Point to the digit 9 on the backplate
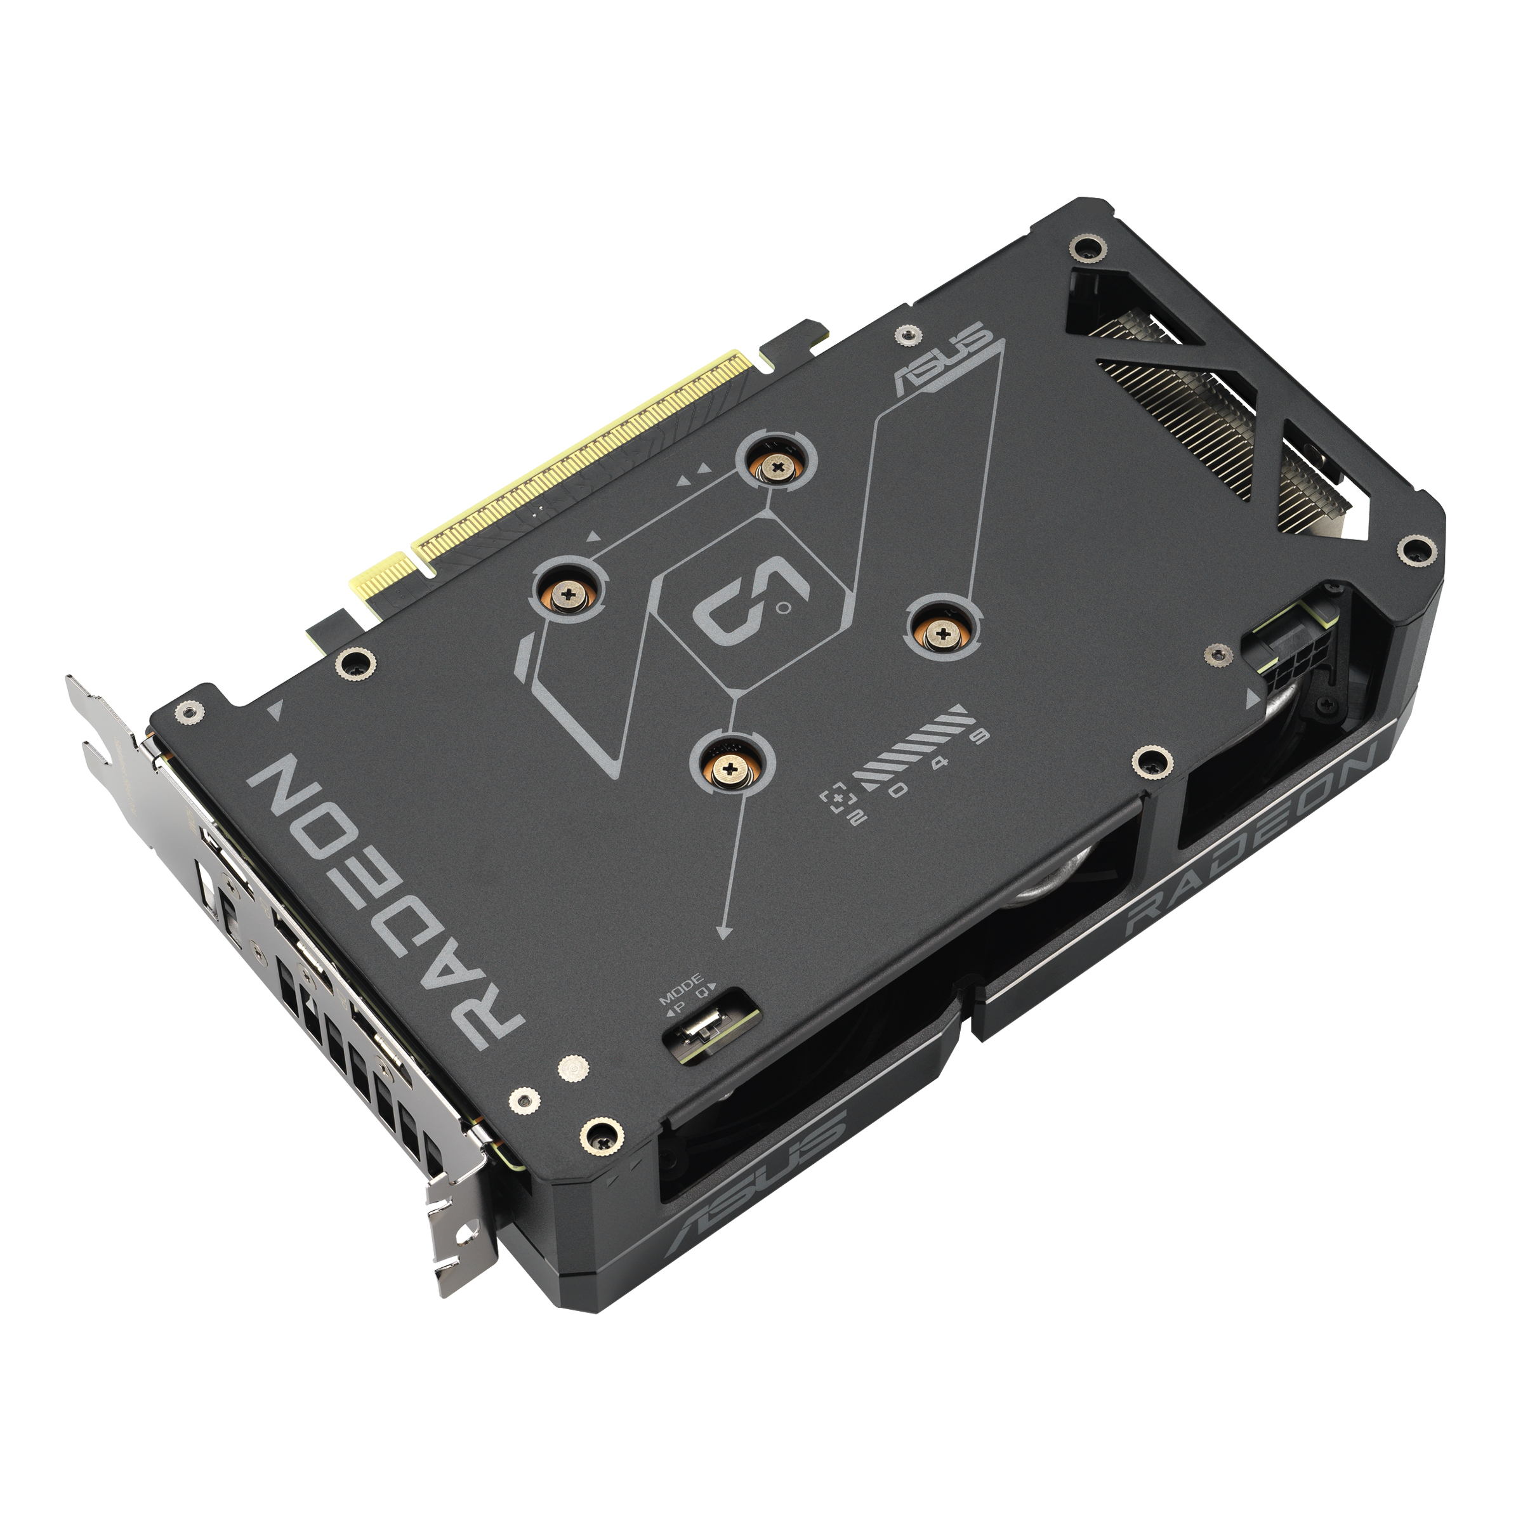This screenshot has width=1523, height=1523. (x=980, y=736)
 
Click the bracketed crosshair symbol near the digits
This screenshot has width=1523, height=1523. (x=836, y=798)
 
